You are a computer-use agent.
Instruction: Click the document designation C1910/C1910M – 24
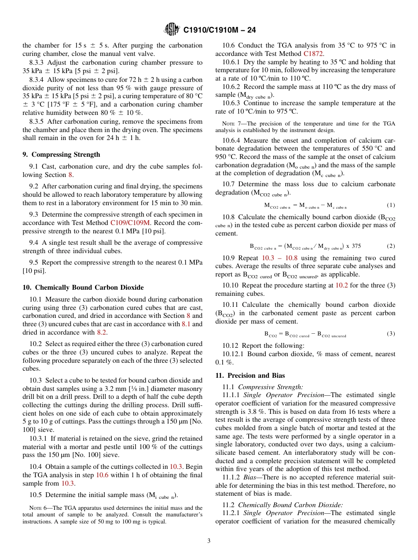coord(220,30)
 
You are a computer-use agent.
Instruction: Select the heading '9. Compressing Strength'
coord(61,155)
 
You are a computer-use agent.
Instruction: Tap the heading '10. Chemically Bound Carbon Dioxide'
coord(83,287)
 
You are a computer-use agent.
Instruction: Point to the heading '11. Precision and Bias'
coord(250,376)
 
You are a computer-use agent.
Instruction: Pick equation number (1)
coord(391,205)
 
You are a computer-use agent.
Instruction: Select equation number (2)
coord(391,246)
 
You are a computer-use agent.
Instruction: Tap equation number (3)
coord(391,334)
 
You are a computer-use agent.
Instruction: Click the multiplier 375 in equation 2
coord(356,246)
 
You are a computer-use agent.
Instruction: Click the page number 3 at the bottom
coord(209,541)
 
